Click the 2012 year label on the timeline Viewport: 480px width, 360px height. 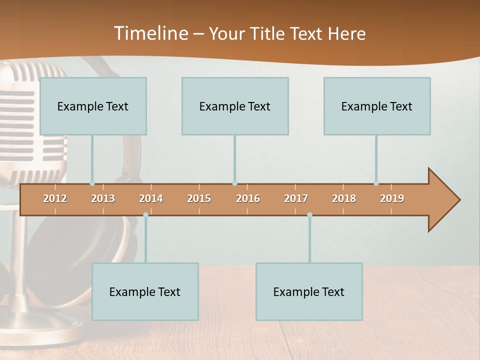tap(55, 198)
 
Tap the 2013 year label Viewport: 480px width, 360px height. tap(103, 198)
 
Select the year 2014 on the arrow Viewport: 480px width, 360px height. tap(151, 198)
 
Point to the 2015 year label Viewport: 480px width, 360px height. tap(199, 198)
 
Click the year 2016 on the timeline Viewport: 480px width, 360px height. tap(248, 198)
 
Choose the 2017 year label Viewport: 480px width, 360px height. tap(296, 198)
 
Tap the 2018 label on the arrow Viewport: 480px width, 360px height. tap(344, 198)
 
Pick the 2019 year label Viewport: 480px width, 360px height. tap(392, 198)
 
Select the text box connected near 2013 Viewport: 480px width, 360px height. tap(93, 106)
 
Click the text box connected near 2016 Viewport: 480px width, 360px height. tap(235, 106)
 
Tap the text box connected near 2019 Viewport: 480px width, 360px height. tap(377, 106)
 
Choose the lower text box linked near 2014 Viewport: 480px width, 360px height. tap(145, 291)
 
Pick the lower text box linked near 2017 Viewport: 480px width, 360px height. tap(309, 291)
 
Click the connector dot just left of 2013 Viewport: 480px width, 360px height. tap(92, 183)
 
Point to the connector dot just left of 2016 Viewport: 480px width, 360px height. tap(234, 183)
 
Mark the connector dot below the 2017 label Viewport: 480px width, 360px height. tap(309, 215)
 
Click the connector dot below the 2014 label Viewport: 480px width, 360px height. tap(145, 215)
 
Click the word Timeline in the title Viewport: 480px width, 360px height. tap(150, 33)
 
